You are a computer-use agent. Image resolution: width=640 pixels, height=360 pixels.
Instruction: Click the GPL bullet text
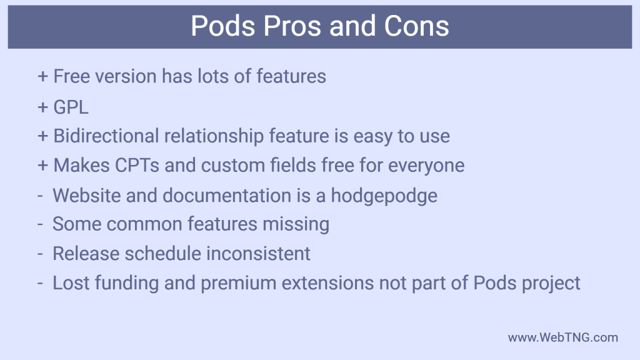pos(71,106)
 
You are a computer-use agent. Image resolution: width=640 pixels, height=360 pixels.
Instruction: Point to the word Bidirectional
pos(107,136)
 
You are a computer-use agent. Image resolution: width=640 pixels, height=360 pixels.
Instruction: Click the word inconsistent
pos(261,253)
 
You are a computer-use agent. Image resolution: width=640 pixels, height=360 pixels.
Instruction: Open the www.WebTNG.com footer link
pos(562,337)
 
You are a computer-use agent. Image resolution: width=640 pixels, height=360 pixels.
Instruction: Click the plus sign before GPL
pos(43,107)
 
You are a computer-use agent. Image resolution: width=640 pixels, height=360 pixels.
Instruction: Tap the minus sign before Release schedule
pos(41,254)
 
